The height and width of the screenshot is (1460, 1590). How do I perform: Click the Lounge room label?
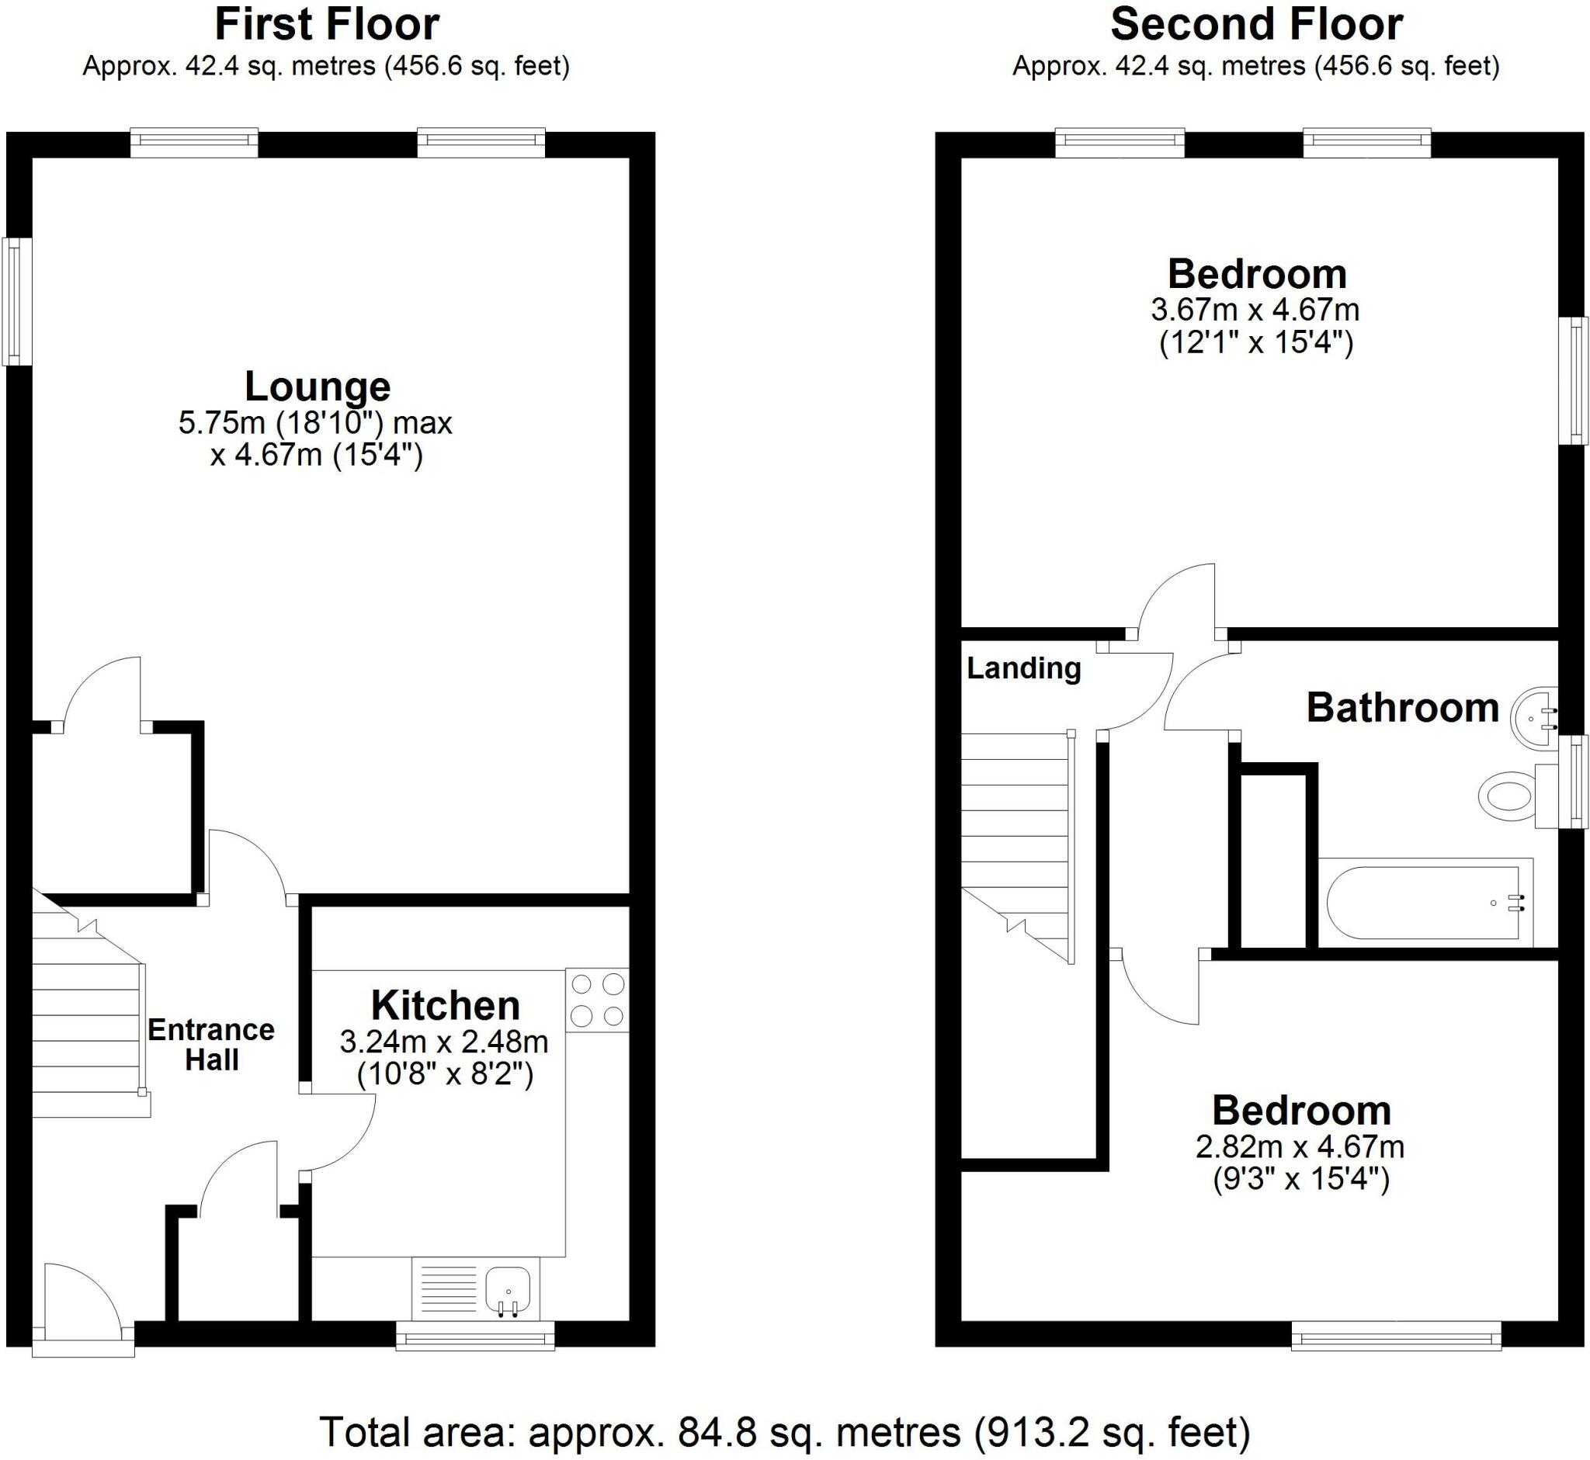pyautogui.click(x=317, y=387)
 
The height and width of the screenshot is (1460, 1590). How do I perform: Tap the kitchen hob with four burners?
pyautogui.click(x=598, y=1000)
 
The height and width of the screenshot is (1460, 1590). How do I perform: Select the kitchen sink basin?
pyautogui.click(x=506, y=1292)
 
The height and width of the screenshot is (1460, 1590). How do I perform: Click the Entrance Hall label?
pyautogui.click(x=211, y=1045)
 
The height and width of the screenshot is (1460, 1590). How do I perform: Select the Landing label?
pyautogui.click(x=1023, y=668)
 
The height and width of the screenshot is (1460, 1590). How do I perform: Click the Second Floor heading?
pyautogui.click(x=1256, y=25)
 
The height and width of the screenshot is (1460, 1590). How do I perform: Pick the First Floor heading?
pyautogui.click(x=326, y=25)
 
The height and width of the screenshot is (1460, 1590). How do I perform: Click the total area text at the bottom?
pyautogui.click(x=786, y=1431)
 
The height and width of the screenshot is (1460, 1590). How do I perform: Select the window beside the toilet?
pyautogui.click(x=1578, y=782)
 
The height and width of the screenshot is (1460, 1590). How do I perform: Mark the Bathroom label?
pyautogui.click(x=1403, y=708)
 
